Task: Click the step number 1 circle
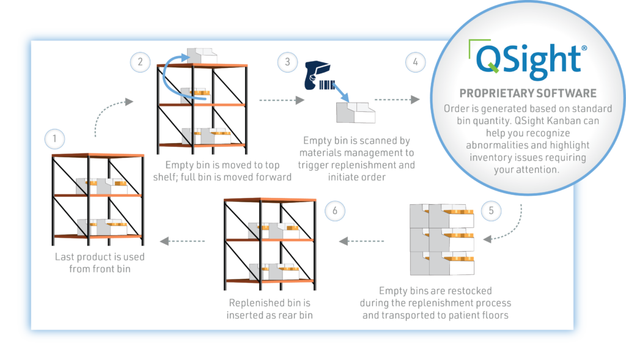coord(54,139)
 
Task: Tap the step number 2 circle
coord(140,61)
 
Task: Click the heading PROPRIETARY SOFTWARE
coord(527,94)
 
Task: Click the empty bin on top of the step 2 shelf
coord(202,56)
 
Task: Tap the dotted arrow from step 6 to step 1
coord(183,242)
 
